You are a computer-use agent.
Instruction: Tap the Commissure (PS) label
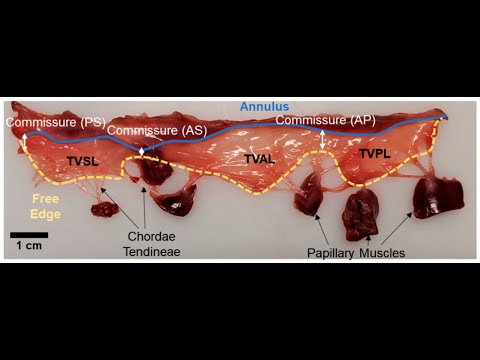click(55, 122)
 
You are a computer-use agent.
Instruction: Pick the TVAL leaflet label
click(260, 160)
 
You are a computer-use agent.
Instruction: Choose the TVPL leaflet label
click(376, 155)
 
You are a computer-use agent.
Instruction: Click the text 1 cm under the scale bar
click(30, 246)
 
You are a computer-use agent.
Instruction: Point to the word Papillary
click(335, 253)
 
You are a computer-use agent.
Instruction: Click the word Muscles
click(385, 253)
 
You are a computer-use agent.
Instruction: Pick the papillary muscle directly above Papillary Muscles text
click(359, 213)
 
